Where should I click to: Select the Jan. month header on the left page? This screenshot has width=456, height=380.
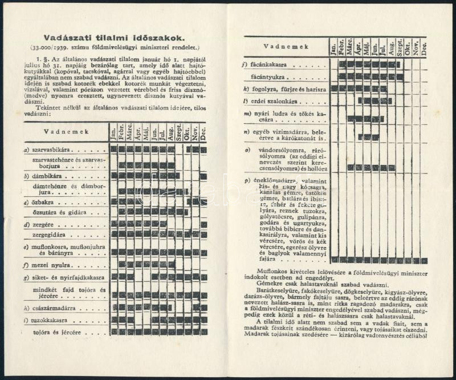(x=114, y=132)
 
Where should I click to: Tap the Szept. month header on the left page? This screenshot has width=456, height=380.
(x=179, y=132)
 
